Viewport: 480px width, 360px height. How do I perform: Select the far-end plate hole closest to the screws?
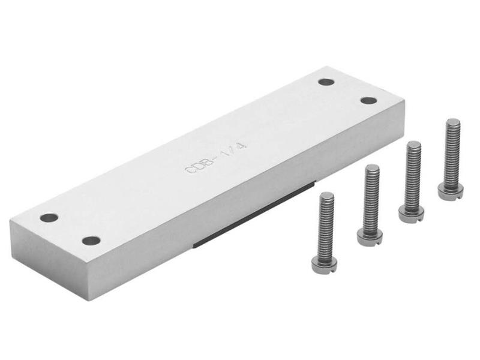[368, 100]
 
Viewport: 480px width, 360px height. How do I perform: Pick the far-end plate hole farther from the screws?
[326, 82]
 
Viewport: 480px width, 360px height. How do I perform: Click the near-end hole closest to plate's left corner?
[49, 217]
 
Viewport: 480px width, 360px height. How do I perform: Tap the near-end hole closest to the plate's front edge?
[91, 241]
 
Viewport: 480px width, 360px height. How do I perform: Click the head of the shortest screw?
[324, 265]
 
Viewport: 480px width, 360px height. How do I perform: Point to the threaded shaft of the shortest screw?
[326, 225]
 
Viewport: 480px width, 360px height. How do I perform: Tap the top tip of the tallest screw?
[453, 121]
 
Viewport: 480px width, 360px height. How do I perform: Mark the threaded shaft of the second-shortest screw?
[371, 198]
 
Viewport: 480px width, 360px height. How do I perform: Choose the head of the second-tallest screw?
[412, 214]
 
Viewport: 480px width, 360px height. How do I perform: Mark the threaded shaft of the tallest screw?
[452, 153]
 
